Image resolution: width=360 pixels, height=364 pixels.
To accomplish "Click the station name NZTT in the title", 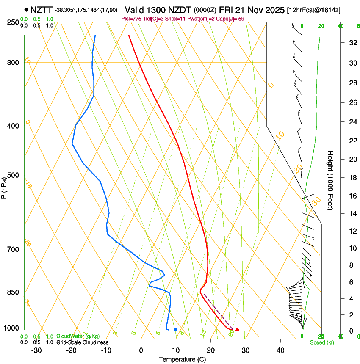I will (42, 9).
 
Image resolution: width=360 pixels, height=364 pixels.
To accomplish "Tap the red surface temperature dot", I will (237, 330).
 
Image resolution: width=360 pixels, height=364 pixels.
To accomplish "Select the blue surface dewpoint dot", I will (176, 330).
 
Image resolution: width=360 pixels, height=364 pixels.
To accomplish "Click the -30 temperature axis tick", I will (36, 350).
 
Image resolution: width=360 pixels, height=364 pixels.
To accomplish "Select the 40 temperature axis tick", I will (280, 350).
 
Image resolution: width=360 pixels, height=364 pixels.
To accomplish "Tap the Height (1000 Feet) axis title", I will (330, 180).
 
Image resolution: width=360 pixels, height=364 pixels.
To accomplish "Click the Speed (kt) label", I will (321, 342).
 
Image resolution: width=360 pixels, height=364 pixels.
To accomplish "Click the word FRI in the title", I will (227, 9).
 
